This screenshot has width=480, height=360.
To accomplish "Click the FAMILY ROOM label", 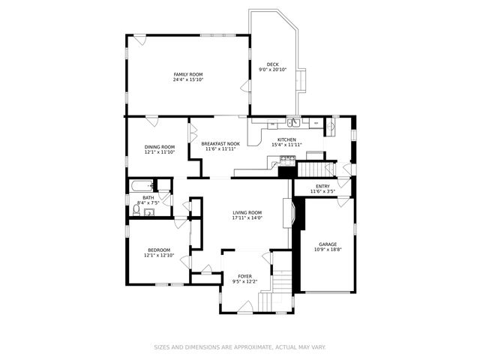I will pyautogui.click(x=188, y=74).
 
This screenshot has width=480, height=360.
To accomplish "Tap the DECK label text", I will pyautogui.click(x=272, y=64).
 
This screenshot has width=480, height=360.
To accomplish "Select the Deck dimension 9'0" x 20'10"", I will pyautogui.click(x=272, y=70).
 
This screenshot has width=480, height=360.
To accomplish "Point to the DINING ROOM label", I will pyautogui.click(x=159, y=147).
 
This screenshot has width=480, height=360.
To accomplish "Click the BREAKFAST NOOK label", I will pyautogui.click(x=220, y=143).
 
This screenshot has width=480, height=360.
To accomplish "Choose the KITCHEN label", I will pyautogui.click(x=286, y=139).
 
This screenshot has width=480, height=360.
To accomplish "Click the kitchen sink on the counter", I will pyautogui.click(x=295, y=121).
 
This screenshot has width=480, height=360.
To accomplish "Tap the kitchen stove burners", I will pyautogui.click(x=287, y=158).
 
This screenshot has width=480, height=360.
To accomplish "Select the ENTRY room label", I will pyautogui.click(x=322, y=186).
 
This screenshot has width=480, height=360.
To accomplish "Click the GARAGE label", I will pyautogui.click(x=328, y=244).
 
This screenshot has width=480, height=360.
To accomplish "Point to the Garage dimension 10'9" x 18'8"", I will pyautogui.click(x=328, y=249).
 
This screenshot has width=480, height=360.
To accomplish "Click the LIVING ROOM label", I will pyautogui.click(x=247, y=212).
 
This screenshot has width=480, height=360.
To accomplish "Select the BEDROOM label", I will pyautogui.click(x=159, y=250).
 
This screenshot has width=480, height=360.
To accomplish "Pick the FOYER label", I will pyautogui.click(x=244, y=276).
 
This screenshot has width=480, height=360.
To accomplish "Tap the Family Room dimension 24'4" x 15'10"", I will pyautogui.click(x=188, y=79).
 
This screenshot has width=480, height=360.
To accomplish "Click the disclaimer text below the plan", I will pyautogui.click(x=240, y=347).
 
